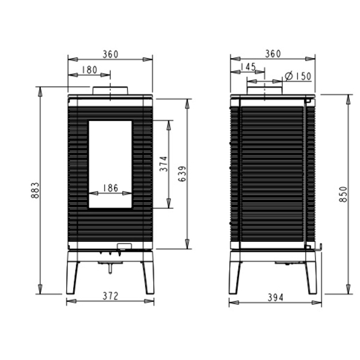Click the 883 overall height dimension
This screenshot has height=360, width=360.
click(35, 190)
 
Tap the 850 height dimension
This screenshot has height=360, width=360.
click(343, 194)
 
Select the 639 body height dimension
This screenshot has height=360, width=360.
click(182, 174)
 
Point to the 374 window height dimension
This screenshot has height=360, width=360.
click(164, 164)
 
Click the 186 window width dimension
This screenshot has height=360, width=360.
click(111, 188)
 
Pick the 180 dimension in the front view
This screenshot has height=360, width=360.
click(90, 70)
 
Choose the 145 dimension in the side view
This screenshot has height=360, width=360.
click(248, 67)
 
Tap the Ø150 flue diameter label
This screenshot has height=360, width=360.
click(298, 76)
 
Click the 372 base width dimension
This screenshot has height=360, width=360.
click(111, 296)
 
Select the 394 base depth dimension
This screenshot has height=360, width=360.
click(275, 298)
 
